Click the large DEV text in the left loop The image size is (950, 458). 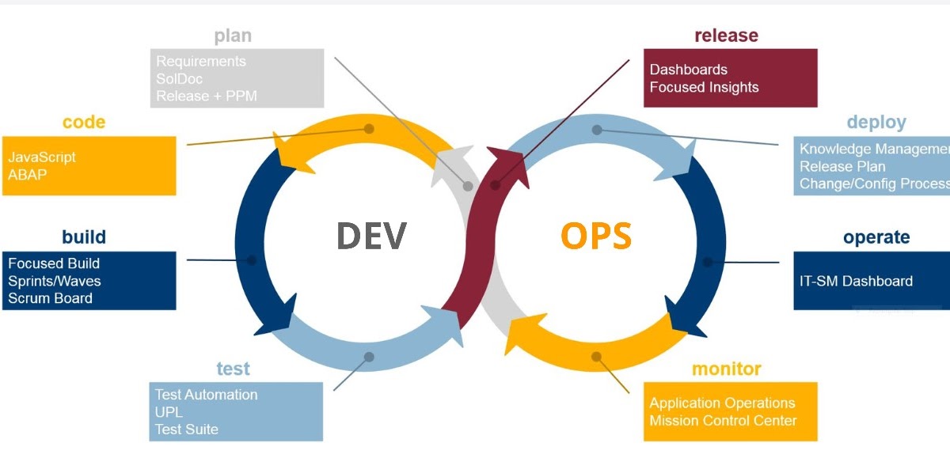pyautogui.click(x=372, y=236)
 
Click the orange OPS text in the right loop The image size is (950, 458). pyautogui.click(x=596, y=236)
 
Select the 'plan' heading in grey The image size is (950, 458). pyautogui.click(x=233, y=36)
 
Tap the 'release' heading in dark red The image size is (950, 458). pyautogui.click(x=726, y=36)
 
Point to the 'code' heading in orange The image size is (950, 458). pyautogui.click(x=84, y=123)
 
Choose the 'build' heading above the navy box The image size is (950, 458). pyautogui.click(x=84, y=237)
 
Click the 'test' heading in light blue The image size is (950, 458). pyautogui.click(x=233, y=369)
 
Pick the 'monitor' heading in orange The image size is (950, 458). pyautogui.click(x=726, y=369)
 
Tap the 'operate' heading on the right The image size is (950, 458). pyautogui.click(x=876, y=237)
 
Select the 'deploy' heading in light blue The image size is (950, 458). pyautogui.click(x=876, y=123)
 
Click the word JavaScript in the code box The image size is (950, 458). pyautogui.click(x=42, y=157)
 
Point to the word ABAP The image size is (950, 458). pyautogui.click(x=28, y=174)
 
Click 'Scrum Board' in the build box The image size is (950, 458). pyautogui.click(x=50, y=298)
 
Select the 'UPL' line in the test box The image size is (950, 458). pyautogui.click(x=169, y=412)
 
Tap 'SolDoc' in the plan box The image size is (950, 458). pyautogui.click(x=179, y=79)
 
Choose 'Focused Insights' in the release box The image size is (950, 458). pyautogui.click(x=704, y=87)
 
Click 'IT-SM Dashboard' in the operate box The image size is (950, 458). pyautogui.click(x=856, y=281)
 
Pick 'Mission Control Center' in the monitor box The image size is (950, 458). pyautogui.click(x=723, y=421)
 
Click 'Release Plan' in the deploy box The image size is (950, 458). pyautogui.click(x=842, y=166)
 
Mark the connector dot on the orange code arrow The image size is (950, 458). pyautogui.click(x=369, y=128)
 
